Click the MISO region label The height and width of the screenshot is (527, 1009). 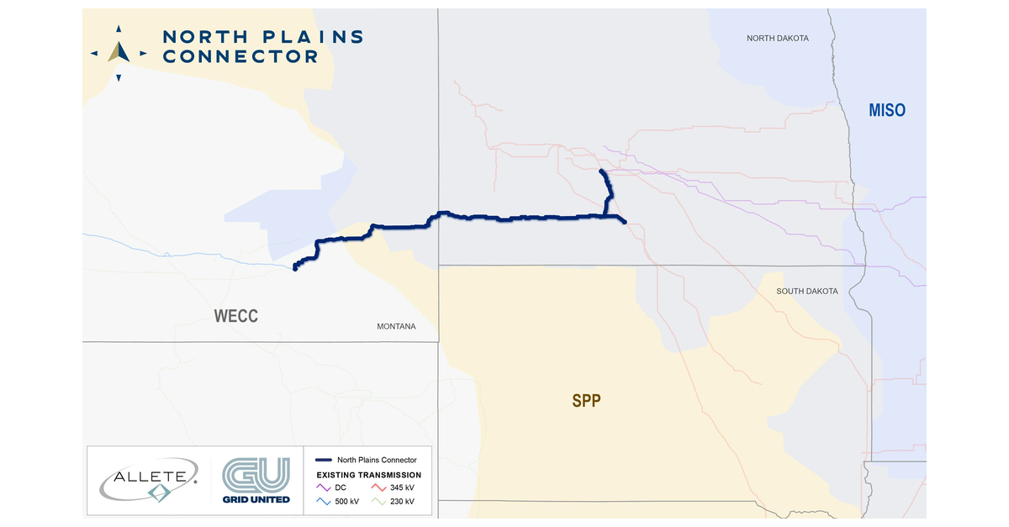point(887,110)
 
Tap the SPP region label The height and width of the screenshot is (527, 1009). point(586,400)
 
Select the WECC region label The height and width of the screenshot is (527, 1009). point(235,316)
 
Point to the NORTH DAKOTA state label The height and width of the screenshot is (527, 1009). point(778,39)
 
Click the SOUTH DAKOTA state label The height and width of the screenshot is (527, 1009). point(806,291)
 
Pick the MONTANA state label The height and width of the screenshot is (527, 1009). point(396,326)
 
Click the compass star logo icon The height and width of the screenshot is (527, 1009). point(119,52)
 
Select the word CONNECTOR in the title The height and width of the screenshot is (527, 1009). point(240,57)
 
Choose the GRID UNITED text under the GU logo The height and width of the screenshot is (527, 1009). point(256,499)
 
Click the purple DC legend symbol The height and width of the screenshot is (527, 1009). point(324,487)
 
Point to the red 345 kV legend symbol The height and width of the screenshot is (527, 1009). point(381,487)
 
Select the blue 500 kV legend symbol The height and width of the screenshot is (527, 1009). point(324,502)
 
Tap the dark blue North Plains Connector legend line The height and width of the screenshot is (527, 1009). point(323,461)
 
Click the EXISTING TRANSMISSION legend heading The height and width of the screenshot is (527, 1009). point(369,475)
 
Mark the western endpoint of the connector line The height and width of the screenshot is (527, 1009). point(294,269)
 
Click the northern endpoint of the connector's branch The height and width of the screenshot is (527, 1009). point(601,171)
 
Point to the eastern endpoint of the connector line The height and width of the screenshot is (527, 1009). point(625,222)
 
